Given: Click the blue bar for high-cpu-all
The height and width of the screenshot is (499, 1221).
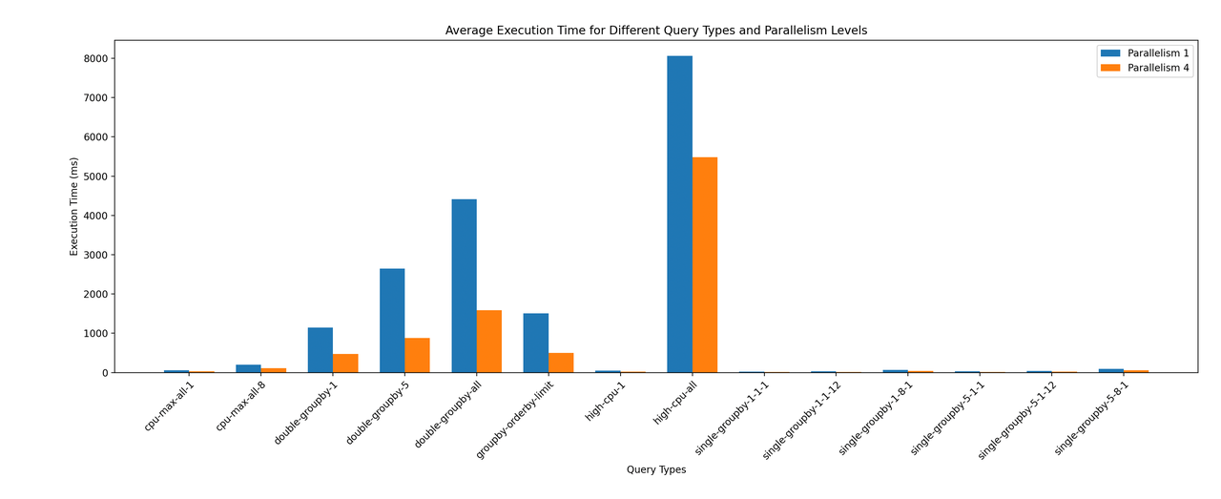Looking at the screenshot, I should (679, 215).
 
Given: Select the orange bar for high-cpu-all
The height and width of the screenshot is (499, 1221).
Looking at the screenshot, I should (705, 265).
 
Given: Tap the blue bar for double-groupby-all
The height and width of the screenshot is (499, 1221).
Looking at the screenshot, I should (464, 286).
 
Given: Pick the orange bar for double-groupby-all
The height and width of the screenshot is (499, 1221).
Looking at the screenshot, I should (489, 342).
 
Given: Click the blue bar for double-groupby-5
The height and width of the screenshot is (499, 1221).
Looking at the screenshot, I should (392, 321).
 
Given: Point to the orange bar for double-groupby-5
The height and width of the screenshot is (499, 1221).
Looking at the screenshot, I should (417, 355).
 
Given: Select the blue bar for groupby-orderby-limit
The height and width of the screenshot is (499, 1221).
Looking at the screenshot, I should (535, 343).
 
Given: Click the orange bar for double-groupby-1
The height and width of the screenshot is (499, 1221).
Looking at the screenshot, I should (345, 364).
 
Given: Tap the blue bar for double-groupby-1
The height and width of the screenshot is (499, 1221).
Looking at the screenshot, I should (321, 350).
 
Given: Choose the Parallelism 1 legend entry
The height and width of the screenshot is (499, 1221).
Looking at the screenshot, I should (1144, 52).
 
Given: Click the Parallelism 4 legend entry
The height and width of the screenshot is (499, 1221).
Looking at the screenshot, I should (1144, 69).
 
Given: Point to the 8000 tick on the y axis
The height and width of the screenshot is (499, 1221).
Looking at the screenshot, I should (93, 58).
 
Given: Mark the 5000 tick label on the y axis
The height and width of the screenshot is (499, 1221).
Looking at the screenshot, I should (93, 177).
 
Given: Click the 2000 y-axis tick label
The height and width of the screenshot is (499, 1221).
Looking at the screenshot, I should (93, 294).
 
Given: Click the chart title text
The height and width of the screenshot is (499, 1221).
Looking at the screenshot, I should (656, 31).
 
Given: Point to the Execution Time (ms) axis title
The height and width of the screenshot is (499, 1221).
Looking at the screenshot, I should (74, 206).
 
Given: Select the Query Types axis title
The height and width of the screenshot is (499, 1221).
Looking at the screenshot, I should (656, 469).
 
